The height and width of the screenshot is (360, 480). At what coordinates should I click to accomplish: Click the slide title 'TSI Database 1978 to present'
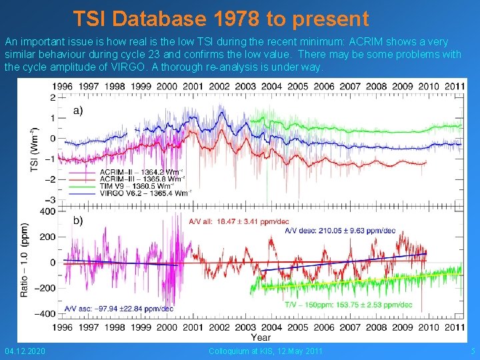(220, 18)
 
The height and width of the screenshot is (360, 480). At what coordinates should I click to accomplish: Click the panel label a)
(77, 110)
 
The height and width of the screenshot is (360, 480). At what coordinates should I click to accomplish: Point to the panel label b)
(77, 221)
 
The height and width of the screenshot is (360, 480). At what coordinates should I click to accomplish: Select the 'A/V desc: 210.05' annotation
(340, 231)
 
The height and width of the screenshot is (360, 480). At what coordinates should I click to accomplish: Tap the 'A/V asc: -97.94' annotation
(119, 309)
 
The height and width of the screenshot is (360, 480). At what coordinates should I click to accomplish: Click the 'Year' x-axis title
(261, 337)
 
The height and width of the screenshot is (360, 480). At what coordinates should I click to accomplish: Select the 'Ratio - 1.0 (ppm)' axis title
(25, 260)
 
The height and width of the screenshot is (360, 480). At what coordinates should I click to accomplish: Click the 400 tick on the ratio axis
(47, 211)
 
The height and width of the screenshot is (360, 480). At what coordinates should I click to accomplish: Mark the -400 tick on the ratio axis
(44, 313)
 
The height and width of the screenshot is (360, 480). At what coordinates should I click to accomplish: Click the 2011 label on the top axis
(455, 86)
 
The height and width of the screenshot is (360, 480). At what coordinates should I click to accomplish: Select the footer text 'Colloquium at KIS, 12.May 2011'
(265, 351)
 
